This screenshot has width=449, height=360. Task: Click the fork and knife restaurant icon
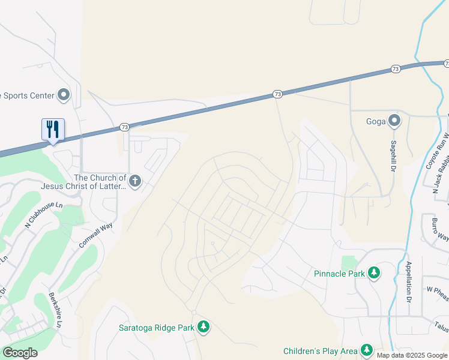click(x=53, y=129)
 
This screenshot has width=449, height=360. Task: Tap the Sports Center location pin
click(x=64, y=95)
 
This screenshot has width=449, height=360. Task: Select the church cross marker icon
click(x=135, y=181)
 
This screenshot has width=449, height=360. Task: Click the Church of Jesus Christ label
click(x=100, y=181)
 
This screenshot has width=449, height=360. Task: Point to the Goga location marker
click(x=394, y=121)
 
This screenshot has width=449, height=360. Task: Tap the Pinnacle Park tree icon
click(x=374, y=274)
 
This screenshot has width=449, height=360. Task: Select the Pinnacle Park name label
click(x=339, y=274)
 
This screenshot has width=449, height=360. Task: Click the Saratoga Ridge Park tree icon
click(x=204, y=327)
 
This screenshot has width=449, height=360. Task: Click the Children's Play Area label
click(x=321, y=350)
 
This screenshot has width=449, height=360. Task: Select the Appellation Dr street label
click(x=408, y=281)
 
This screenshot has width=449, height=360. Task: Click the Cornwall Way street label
click(x=96, y=236)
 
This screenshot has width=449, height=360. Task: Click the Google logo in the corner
click(x=19, y=353)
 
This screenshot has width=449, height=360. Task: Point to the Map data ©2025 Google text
click(x=412, y=355)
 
